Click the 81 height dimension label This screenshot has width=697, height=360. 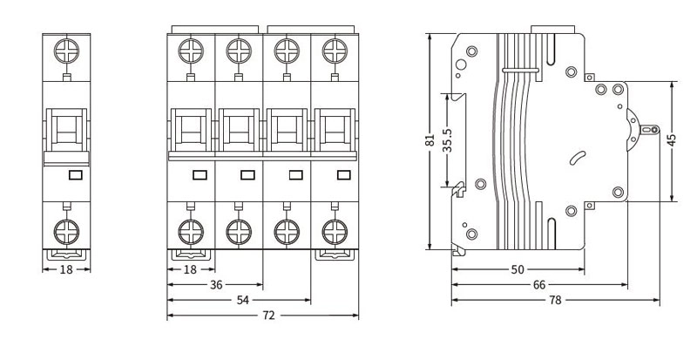coord(430,140)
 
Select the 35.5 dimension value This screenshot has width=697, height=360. coord(447,140)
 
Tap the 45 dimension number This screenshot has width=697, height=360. coord(672,139)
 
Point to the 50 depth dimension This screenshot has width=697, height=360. coord(518,269)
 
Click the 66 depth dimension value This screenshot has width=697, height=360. coord(539,285)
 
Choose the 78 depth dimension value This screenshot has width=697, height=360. coord(555,301)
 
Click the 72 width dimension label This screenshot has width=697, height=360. coord(268,316)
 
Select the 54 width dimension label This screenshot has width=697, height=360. coord(242,301)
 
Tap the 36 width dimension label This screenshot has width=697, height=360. coord(216,285)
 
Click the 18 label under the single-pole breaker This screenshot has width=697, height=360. coord(66,269)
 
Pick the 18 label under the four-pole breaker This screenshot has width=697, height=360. coord(190,269)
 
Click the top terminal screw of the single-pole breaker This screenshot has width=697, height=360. coord(66,51)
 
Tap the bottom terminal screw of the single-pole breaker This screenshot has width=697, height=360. coord(66,232)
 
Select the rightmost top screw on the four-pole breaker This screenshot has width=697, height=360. coord(335,51)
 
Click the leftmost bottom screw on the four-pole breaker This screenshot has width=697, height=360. coord(191,232)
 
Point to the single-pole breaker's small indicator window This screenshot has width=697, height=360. coord(76,175)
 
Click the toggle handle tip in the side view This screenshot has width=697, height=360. coord(649,130)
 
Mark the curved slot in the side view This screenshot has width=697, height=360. coord(578,158)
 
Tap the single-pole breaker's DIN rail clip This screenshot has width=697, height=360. coord(66,255)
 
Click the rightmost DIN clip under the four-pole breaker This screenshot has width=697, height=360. coord(335,255)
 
